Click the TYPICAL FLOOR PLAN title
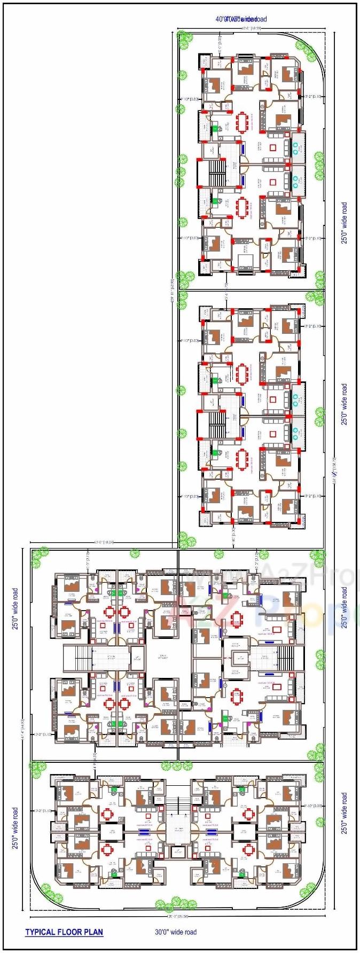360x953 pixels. pyautogui.click(x=64, y=932)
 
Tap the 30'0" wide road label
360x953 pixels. pyautogui.click(x=176, y=932)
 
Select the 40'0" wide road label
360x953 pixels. pyautogui.click(x=241, y=19)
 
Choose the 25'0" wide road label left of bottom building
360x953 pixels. pyautogui.click(x=15, y=828)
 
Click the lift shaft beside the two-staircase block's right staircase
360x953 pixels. pyautogui.click(x=237, y=658)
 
